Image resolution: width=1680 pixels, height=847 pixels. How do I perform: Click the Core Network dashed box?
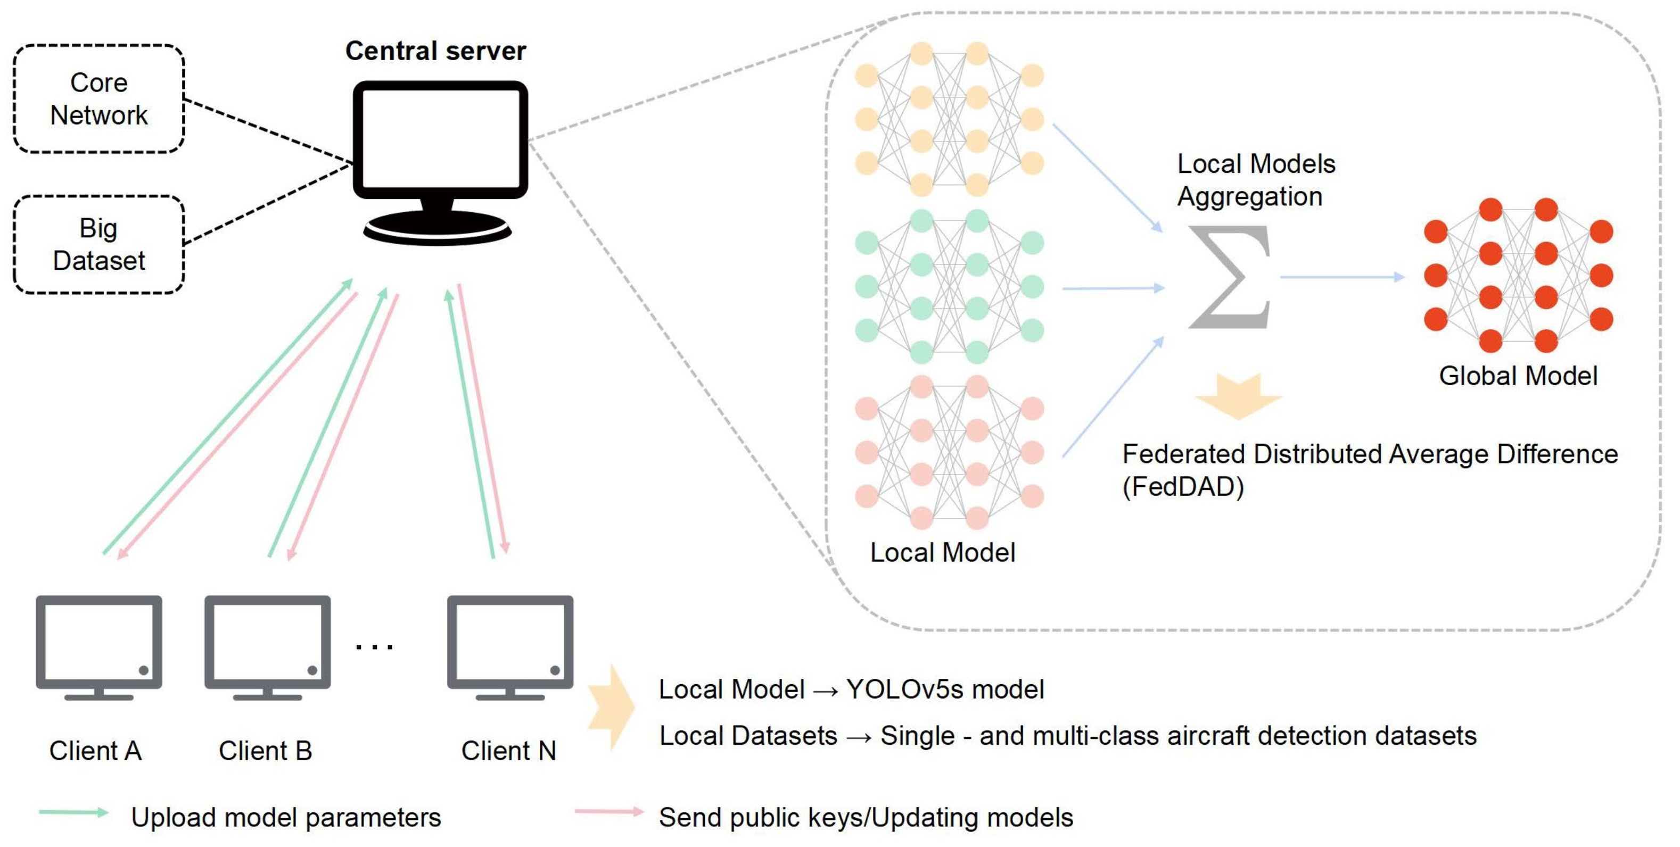(x=99, y=99)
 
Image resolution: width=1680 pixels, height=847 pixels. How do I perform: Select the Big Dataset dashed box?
(x=99, y=245)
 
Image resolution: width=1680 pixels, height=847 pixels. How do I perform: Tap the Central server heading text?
(x=435, y=51)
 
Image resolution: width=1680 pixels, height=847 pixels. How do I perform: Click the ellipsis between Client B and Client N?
(x=374, y=647)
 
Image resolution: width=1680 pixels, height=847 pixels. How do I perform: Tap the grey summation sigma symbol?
(x=1229, y=277)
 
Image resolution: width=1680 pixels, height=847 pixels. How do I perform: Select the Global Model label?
(x=1518, y=376)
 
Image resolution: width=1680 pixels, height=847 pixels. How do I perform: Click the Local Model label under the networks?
(x=942, y=553)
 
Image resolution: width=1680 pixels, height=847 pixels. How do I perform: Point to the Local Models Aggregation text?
(x=1255, y=180)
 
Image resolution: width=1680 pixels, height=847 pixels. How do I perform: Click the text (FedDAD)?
(x=1182, y=487)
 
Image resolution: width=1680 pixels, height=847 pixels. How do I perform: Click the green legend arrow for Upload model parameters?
(x=73, y=812)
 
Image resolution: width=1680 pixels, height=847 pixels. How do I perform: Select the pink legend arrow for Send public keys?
(x=609, y=812)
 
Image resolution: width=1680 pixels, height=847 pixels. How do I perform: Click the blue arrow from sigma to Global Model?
(x=1342, y=277)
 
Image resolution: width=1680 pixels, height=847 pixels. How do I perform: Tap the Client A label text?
(x=95, y=751)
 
